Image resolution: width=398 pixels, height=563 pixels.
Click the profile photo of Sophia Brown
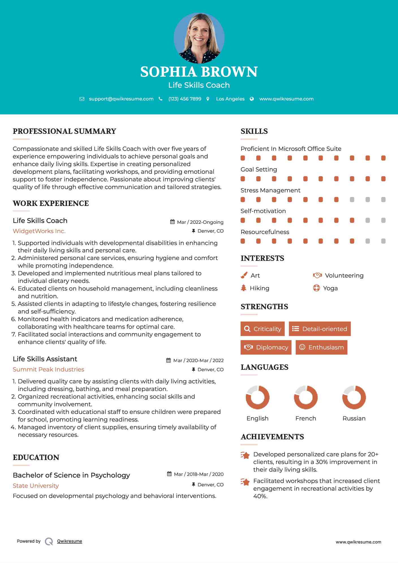(x=199, y=38)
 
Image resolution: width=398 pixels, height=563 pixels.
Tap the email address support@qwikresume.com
(x=121, y=99)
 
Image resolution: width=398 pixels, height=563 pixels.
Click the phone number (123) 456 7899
(x=185, y=99)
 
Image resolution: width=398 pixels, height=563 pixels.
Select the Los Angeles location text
(x=230, y=99)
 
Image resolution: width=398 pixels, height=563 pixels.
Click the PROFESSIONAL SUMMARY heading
(x=64, y=131)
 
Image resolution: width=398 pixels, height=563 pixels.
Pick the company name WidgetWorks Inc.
(x=39, y=231)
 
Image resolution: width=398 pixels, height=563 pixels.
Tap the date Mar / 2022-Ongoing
(x=200, y=222)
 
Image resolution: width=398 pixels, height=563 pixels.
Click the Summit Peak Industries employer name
(x=48, y=369)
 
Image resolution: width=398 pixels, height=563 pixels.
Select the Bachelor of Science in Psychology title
(x=71, y=475)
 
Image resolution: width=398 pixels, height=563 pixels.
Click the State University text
(x=36, y=486)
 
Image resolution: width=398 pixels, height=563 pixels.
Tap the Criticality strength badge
(x=263, y=329)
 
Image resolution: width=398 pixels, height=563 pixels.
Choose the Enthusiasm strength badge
(x=321, y=347)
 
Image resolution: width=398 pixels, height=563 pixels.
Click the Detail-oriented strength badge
(x=320, y=329)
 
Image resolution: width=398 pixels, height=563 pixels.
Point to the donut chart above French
(x=306, y=397)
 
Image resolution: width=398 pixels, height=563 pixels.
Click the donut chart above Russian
(x=354, y=397)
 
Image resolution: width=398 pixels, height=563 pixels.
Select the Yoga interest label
(x=330, y=288)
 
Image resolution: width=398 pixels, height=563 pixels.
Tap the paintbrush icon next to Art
(x=244, y=275)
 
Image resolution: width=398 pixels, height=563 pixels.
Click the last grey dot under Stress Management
(x=383, y=200)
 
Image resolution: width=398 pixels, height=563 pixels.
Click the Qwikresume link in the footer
(x=70, y=541)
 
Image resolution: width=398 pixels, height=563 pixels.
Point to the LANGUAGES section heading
(x=264, y=367)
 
